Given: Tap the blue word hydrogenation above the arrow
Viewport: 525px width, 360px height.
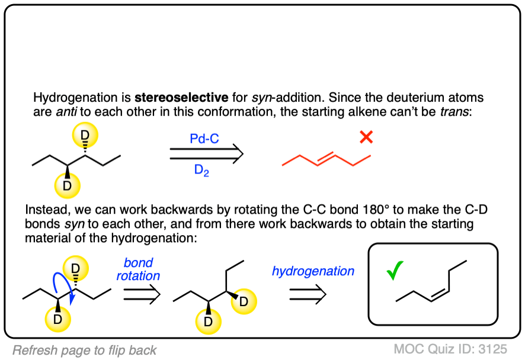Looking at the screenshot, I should [x=313, y=271].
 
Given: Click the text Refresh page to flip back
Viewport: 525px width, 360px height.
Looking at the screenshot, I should [x=84, y=350].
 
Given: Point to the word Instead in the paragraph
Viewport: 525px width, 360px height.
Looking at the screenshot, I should [x=46, y=210].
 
